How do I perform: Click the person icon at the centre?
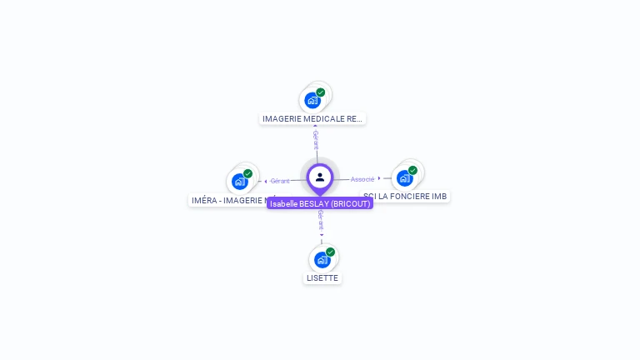320,177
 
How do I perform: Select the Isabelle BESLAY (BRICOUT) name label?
320,203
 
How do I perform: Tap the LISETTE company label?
322,277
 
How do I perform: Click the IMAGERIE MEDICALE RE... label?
312,118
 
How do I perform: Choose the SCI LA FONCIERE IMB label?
406,197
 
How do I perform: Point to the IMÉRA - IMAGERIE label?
228,200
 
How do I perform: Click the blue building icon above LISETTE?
321,260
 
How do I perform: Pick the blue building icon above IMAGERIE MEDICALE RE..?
312,100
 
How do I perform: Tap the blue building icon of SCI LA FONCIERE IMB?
404,177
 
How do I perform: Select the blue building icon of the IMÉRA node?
239,181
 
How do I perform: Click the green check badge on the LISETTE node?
330,252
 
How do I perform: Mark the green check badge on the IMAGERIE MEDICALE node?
321,92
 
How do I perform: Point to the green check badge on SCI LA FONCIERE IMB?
412,170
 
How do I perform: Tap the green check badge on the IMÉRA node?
247,173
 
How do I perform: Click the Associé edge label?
362,179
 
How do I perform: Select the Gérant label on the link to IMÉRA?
280,181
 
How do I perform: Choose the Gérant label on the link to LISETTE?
320,219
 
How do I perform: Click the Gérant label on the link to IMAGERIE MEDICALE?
315,139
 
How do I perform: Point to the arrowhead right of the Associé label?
379,178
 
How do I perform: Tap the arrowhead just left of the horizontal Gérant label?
266,181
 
